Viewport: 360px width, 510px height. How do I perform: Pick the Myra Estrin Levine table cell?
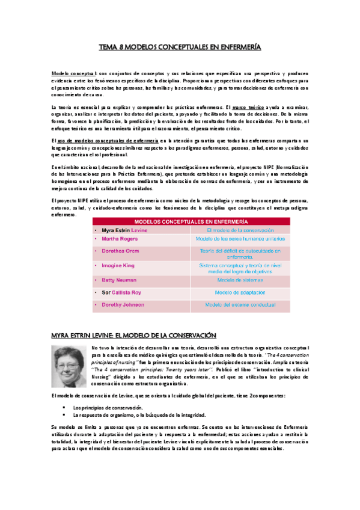pyautogui.click(x=126, y=230)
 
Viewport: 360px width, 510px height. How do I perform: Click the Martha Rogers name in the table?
pyautogui.click(x=119, y=239)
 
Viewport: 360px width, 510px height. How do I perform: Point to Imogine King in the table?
pyautogui.click(x=118, y=265)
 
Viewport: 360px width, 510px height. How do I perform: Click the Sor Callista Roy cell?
pyautogui.click(x=123, y=292)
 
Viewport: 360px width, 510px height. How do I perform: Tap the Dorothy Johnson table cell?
pyautogui.click(x=123, y=305)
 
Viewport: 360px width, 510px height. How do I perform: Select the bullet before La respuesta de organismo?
pyautogui.click(x=63, y=416)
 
